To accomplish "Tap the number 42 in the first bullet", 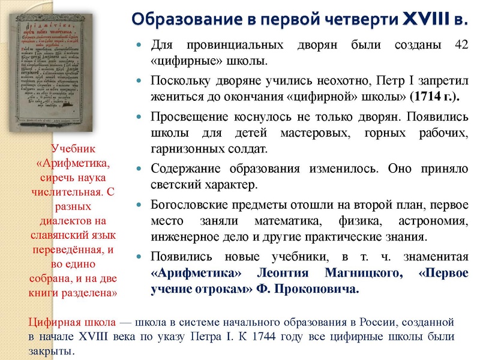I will [458, 46].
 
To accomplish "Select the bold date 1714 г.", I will [433, 96].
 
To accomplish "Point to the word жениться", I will [173, 96].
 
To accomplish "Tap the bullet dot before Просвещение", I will [140, 114].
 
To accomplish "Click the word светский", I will [178, 184].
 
